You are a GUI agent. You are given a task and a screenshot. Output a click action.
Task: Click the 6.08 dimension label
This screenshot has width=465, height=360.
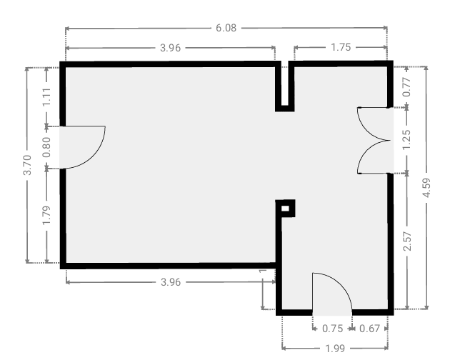click(x=226, y=28)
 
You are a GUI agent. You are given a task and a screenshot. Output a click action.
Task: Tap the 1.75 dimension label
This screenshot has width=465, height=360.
click(x=341, y=47)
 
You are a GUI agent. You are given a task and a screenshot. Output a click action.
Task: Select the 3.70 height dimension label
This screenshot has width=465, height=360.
click(x=27, y=165)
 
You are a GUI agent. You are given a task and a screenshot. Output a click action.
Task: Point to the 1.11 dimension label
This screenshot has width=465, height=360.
click(x=46, y=97)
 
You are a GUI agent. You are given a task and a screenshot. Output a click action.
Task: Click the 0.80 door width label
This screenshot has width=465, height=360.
click(x=46, y=147)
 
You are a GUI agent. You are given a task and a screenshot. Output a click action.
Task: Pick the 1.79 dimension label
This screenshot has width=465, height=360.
click(x=46, y=215)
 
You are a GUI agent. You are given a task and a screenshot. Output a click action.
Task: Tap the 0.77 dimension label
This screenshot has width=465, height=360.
click(x=407, y=86)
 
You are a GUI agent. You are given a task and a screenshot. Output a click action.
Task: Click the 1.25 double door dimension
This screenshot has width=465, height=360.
click(x=407, y=140)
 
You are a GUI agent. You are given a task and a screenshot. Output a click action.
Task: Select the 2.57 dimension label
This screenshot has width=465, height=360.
click(x=407, y=241)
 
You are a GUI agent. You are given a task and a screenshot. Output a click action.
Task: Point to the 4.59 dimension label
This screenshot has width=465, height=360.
click(x=426, y=187)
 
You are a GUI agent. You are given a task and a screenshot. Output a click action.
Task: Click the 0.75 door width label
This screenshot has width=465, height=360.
click(x=332, y=329)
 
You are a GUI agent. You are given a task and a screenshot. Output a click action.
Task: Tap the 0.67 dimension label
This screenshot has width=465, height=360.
click(x=369, y=329)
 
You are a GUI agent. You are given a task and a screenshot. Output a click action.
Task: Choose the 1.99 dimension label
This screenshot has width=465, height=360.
click(x=335, y=348)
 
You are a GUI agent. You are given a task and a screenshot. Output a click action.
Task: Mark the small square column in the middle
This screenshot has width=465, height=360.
click(x=285, y=209)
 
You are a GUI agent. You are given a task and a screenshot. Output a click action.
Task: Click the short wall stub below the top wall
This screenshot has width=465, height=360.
click(x=285, y=86)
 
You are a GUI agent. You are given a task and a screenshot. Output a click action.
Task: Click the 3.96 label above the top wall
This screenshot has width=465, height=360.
click(x=170, y=48)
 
